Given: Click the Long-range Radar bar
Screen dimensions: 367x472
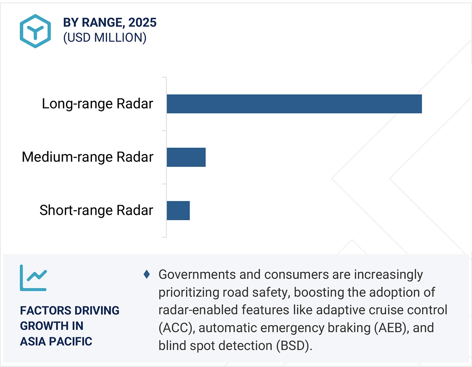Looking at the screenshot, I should (x=294, y=104).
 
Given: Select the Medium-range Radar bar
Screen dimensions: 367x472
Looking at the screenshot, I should (x=186, y=157).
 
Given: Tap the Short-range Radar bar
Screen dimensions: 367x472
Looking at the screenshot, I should (x=178, y=210).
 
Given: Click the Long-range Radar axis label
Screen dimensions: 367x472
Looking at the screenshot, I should (x=98, y=104).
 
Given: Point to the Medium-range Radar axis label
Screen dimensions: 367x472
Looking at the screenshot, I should (x=88, y=157).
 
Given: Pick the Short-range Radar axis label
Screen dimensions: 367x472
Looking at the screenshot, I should (x=96, y=210).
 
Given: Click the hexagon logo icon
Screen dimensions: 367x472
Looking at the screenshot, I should (x=36, y=31).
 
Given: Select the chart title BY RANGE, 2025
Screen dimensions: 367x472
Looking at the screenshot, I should (x=110, y=23).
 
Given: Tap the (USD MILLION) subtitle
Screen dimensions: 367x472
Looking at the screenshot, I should (x=104, y=38).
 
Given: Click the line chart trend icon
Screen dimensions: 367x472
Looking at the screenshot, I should (x=33, y=278).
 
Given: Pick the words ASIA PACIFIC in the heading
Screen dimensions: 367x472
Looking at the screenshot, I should (x=56, y=341).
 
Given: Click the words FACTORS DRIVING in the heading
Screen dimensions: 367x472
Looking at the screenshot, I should (x=70, y=311).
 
